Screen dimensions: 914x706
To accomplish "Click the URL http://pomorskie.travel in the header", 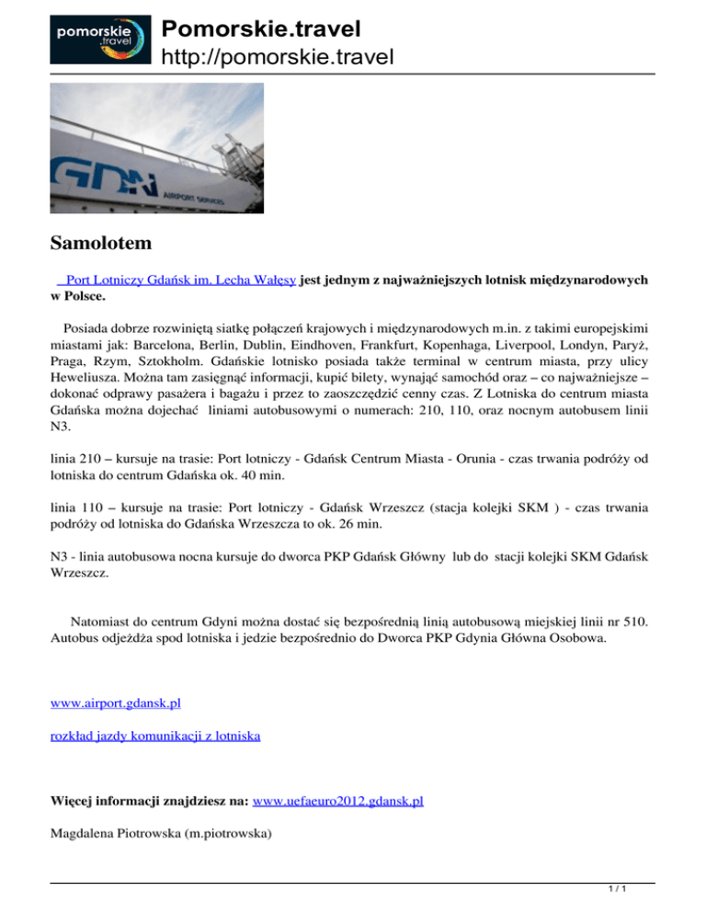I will coord(278,58).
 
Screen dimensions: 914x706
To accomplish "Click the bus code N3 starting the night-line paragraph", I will coord(60,555).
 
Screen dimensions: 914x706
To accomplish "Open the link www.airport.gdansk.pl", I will coord(116,703).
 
